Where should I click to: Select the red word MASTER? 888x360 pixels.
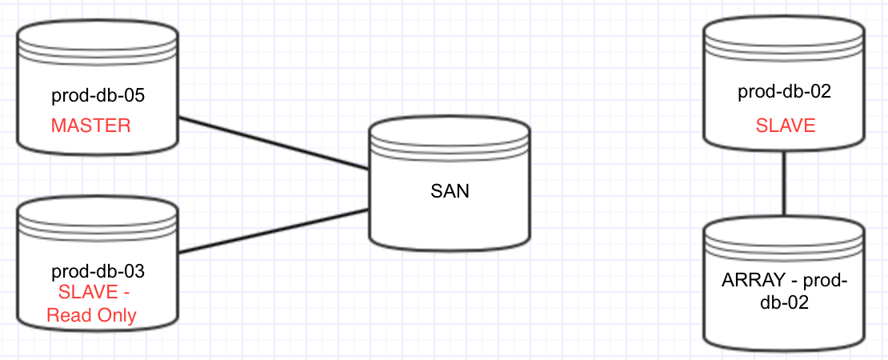pos(90,126)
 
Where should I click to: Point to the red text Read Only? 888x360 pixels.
pos(91,315)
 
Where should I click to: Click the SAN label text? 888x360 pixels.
pos(449,191)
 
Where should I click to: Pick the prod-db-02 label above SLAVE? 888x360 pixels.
pos(784,92)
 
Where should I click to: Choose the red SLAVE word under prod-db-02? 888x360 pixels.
pos(786,126)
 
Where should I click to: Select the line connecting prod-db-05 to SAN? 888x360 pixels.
pos(272,144)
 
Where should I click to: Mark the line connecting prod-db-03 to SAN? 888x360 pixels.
pos(272,232)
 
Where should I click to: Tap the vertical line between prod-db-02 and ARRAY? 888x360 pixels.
pos(784,184)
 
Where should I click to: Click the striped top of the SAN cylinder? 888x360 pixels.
pos(449,138)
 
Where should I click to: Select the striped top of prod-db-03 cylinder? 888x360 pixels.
pos(97,214)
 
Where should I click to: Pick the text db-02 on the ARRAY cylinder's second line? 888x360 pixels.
pos(784,303)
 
